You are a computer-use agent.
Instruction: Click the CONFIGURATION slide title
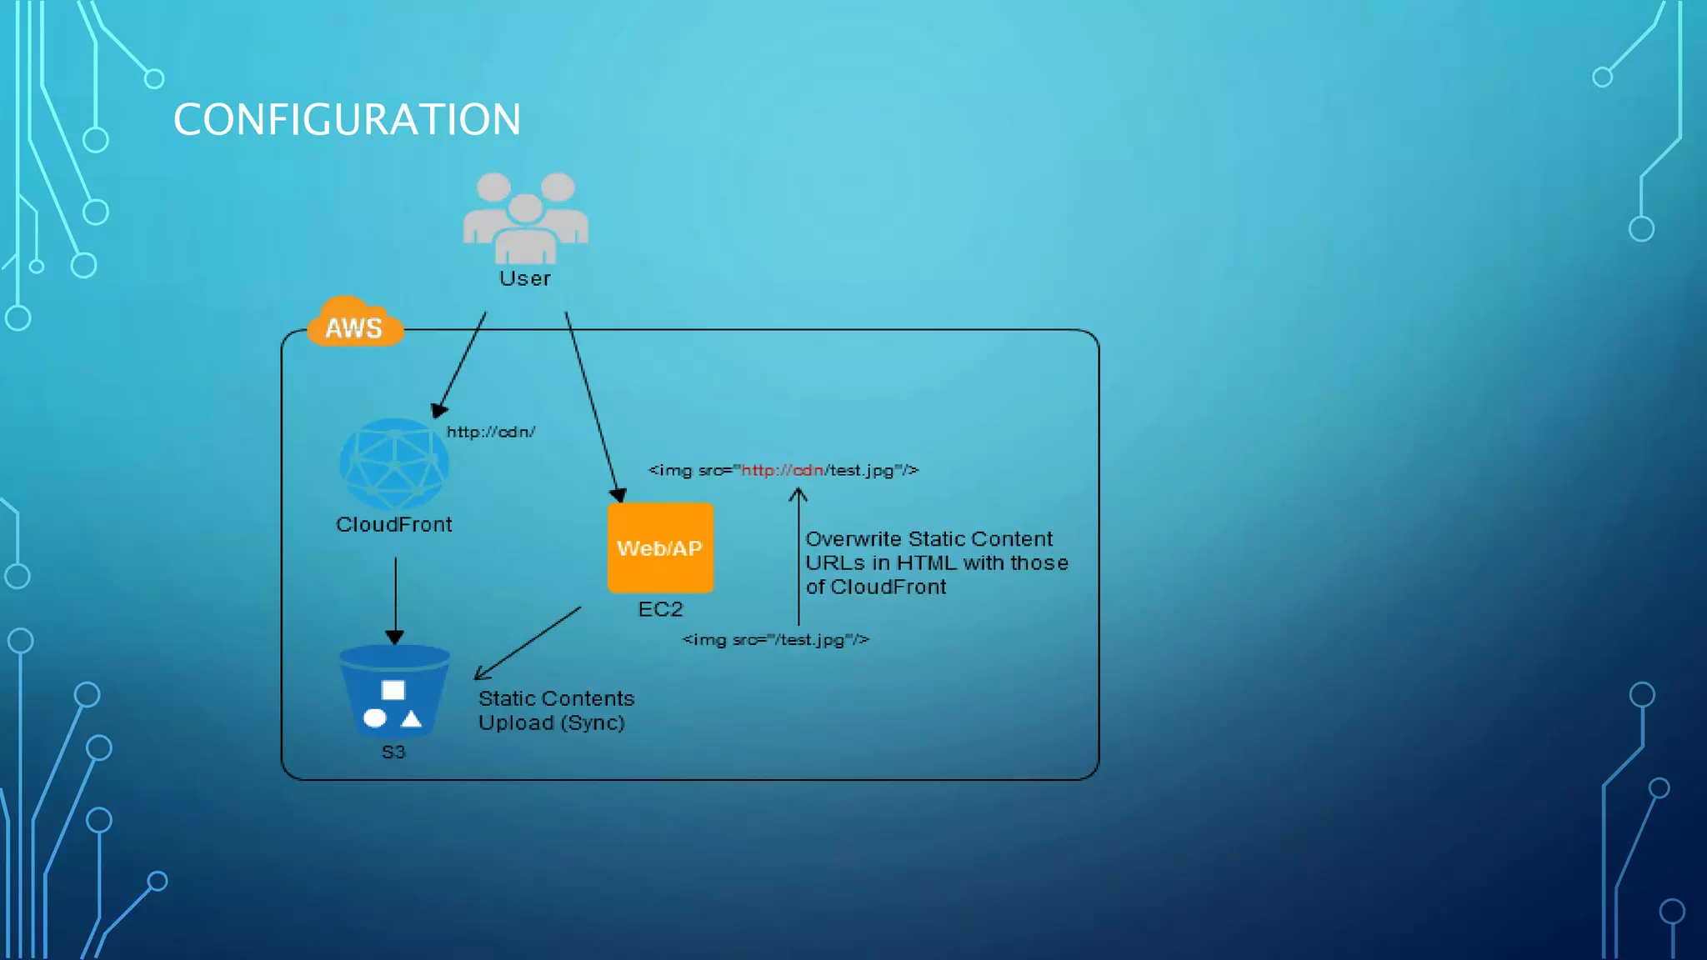point(347,120)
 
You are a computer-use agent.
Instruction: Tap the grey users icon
point(525,217)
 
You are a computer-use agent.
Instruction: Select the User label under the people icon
point(525,278)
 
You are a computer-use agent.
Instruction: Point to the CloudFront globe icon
point(393,464)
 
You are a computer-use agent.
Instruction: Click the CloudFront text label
point(393,524)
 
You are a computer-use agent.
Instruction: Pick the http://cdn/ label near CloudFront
point(490,432)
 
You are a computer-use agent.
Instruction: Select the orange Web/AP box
point(660,547)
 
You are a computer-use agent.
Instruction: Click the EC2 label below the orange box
point(660,609)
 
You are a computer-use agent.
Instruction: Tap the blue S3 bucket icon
point(394,692)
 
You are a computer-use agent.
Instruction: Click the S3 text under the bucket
point(393,752)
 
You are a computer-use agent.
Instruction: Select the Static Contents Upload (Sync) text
point(555,710)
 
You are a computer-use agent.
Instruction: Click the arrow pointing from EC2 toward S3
point(528,642)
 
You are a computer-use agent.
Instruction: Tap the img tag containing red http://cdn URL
point(783,470)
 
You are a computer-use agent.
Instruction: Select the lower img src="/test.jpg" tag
point(775,639)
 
